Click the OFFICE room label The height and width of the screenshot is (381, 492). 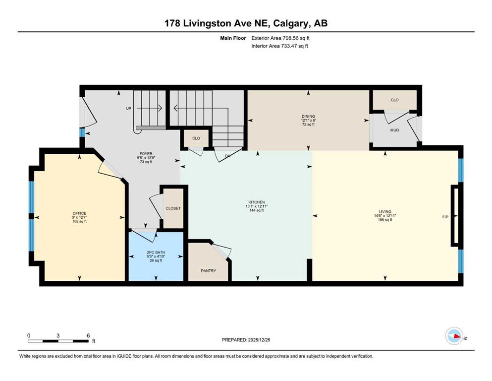[x=79, y=213]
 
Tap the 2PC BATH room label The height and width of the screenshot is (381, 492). [x=156, y=252]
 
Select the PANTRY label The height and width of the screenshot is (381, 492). [x=209, y=271]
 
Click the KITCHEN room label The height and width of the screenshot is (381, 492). [x=257, y=202]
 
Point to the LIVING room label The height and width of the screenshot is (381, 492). [x=385, y=212]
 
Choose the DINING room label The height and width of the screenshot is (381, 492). [x=308, y=116]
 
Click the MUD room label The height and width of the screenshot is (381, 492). [x=395, y=130]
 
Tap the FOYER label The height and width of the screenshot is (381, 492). [x=146, y=154]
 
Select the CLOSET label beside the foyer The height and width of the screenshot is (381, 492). [x=173, y=208]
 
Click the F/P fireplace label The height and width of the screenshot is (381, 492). [x=445, y=217]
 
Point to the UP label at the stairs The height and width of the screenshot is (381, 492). [x=129, y=108]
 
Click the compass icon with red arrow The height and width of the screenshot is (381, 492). [x=454, y=336]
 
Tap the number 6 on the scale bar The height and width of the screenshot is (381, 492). [x=88, y=335]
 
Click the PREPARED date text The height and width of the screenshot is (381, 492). [x=246, y=340]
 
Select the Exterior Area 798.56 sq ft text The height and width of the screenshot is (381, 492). [x=280, y=38]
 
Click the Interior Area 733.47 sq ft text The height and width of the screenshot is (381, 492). [x=279, y=46]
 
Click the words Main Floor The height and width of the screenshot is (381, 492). [x=233, y=38]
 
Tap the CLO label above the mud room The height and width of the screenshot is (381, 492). [x=395, y=100]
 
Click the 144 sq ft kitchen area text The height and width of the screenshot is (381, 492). [x=257, y=210]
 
